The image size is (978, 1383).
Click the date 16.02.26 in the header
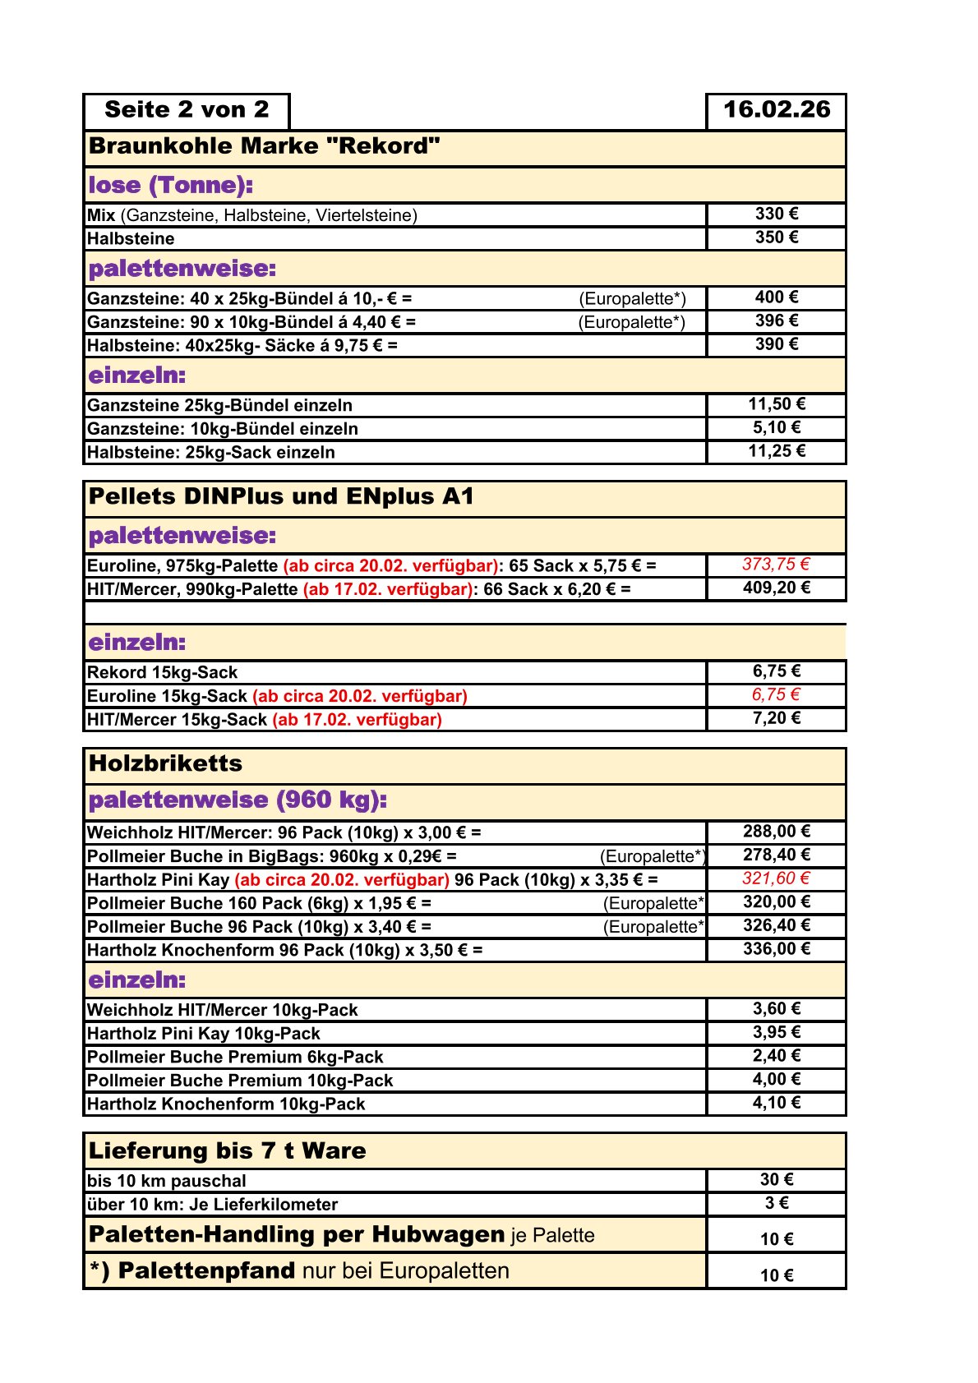pos(776,110)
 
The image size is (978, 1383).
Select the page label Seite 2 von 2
pos(187,110)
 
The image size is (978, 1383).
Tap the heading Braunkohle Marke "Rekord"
pos(264,147)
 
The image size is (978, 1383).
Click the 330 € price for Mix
pos(776,214)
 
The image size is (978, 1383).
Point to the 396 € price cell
pos(776,321)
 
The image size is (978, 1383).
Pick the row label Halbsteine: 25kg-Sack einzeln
pos(211,453)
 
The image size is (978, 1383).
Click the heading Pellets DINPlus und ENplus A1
pos(281,497)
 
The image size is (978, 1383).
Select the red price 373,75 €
pos(776,565)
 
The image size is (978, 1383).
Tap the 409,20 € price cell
pos(776,588)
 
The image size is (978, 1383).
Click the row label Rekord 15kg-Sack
pos(162,673)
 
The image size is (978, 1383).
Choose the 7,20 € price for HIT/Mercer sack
pos(776,719)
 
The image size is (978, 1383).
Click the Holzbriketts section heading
pos(165,764)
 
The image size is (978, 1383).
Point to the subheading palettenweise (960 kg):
pos(238,800)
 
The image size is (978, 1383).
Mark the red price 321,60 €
pos(776,879)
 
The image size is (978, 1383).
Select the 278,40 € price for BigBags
pos(776,855)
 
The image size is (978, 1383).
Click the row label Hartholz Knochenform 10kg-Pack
pos(226,1104)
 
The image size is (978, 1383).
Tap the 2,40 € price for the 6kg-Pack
pos(776,1056)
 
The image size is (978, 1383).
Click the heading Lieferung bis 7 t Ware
pos(227,1151)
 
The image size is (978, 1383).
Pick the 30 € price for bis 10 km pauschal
pos(776,1180)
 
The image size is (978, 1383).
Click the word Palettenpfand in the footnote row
pos(206,1271)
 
